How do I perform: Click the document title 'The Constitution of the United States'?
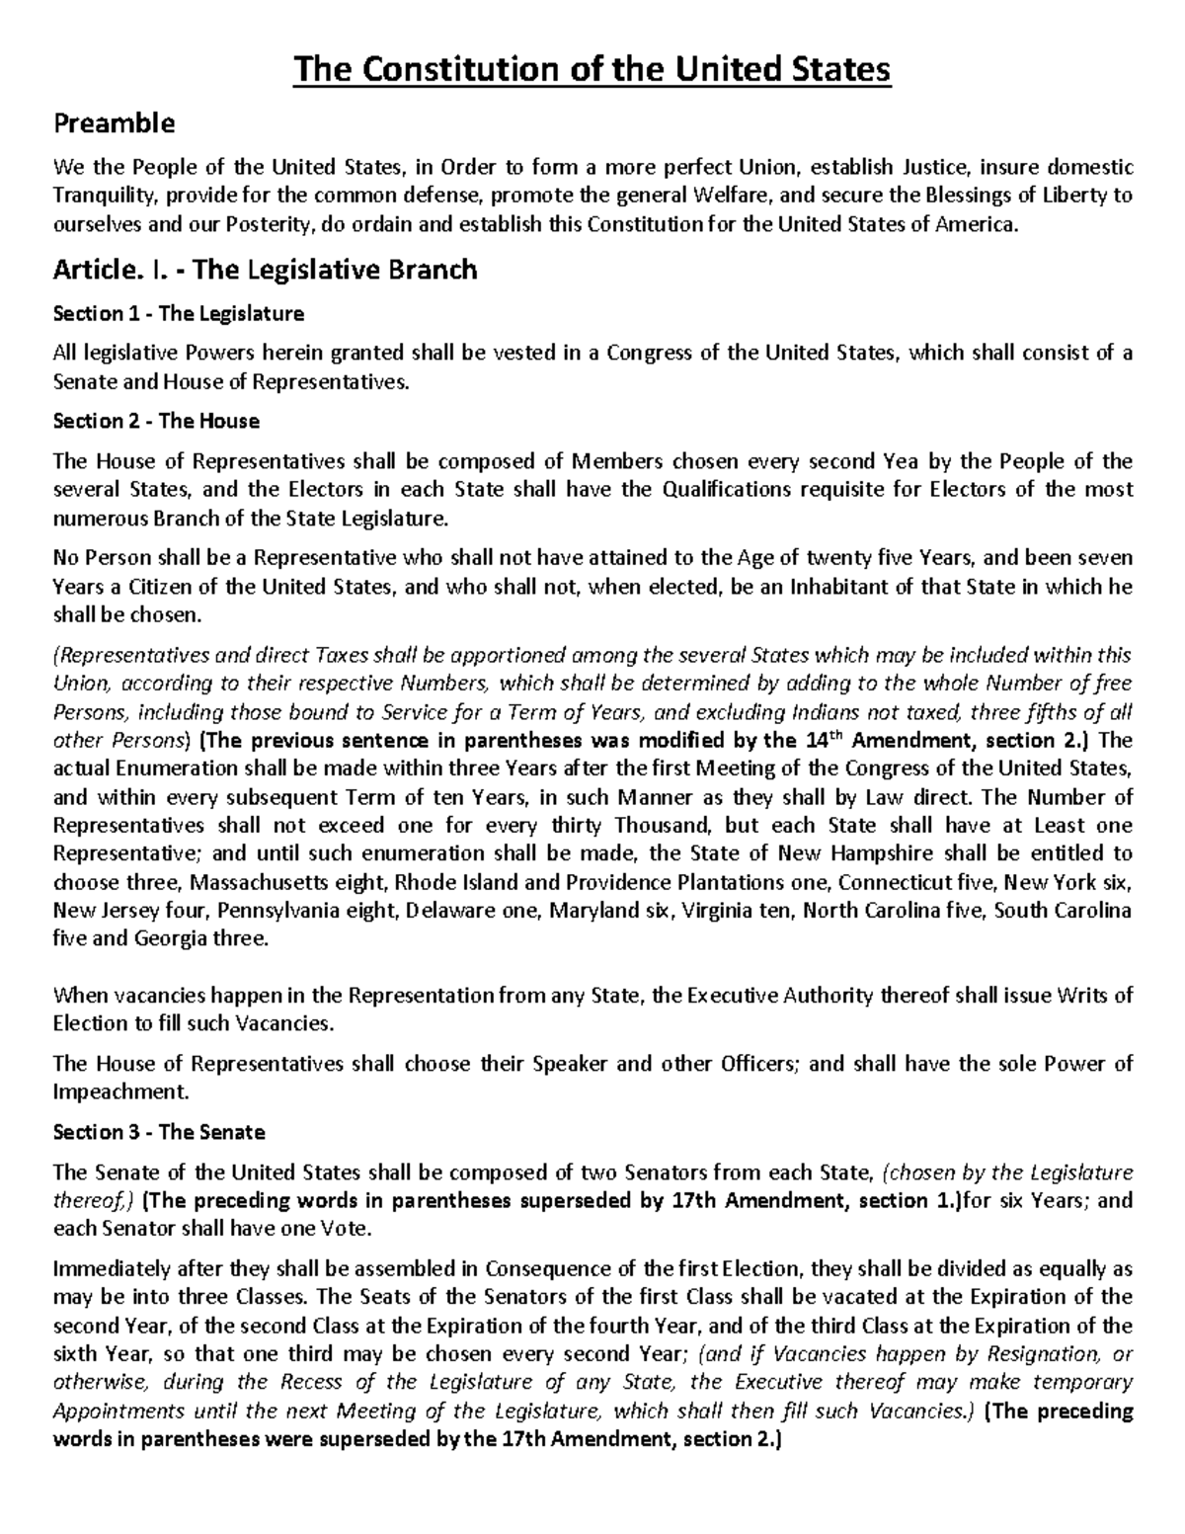(592, 70)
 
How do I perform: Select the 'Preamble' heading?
(114, 123)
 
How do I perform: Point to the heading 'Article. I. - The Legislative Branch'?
(265, 270)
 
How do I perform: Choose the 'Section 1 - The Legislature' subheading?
(178, 314)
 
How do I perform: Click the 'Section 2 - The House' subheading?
(156, 421)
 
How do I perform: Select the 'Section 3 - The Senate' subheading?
(159, 1132)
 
